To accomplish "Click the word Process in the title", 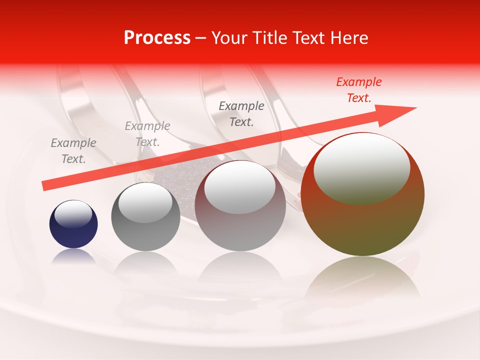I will coord(157,38).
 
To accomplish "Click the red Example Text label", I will coord(358,90).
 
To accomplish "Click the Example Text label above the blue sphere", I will coord(73,151).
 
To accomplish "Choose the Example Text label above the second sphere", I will coord(147,134).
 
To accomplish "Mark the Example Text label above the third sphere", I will coord(241,113).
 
